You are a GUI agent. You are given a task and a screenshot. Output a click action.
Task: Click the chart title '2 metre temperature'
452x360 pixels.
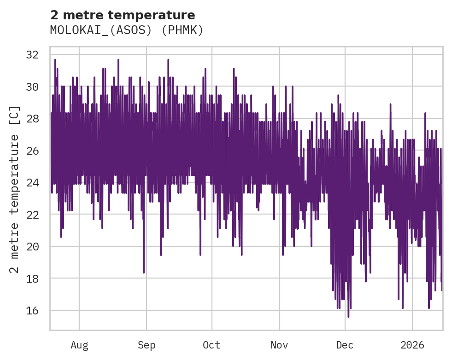pyautogui.click(x=123, y=15)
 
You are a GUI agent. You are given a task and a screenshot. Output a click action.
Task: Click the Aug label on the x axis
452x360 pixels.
pyautogui.click(x=79, y=345)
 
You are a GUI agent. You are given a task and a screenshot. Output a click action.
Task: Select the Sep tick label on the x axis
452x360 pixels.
pyautogui.click(x=147, y=345)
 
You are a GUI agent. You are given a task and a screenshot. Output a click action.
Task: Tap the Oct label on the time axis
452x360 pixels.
pyautogui.click(x=211, y=345)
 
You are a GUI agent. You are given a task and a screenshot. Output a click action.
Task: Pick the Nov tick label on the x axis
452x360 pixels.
pyautogui.click(x=279, y=345)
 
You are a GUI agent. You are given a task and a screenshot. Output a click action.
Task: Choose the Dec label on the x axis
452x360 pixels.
pyautogui.click(x=345, y=345)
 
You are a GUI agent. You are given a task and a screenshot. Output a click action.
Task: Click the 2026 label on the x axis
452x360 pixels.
pyautogui.click(x=412, y=345)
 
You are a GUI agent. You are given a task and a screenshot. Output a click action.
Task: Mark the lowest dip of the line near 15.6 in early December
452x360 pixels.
pyautogui.click(x=348, y=316)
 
